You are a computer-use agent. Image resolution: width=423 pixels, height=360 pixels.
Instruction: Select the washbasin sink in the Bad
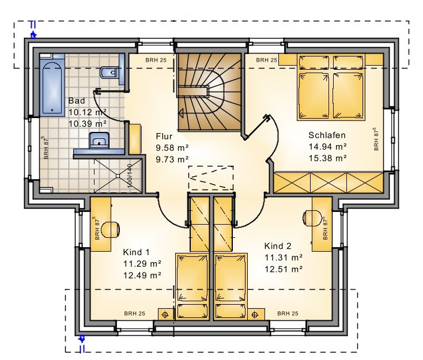coord(99,140)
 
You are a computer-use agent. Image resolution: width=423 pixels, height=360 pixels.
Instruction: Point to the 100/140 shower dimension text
coord(130,176)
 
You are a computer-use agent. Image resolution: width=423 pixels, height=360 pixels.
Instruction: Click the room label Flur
coord(164,136)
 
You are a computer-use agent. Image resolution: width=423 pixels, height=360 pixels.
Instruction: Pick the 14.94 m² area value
coord(327,146)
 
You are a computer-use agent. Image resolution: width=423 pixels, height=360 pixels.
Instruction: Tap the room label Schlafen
coord(327,135)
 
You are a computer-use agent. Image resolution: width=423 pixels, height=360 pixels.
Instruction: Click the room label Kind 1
coord(136,252)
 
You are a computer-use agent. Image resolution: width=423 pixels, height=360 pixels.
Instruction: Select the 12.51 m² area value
coord(284,269)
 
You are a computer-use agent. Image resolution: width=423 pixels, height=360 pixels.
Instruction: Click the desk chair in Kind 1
coord(111,230)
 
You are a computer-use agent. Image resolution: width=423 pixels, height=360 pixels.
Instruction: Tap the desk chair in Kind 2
coord(312,217)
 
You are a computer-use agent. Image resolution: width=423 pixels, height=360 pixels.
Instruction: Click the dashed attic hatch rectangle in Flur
coord(211,178)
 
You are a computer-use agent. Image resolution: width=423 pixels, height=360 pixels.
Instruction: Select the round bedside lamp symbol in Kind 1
coord(165,314)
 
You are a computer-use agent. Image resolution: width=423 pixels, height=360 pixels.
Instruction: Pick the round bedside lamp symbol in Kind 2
coord(255,314)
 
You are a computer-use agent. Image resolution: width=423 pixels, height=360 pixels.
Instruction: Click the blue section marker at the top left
coord(33,30)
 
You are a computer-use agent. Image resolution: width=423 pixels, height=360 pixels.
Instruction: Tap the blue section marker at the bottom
coord(82,343)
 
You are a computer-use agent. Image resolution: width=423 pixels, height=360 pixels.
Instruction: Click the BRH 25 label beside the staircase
coord(156,60)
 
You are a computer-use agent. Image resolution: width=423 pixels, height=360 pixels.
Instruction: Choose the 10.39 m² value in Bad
coord(88,124)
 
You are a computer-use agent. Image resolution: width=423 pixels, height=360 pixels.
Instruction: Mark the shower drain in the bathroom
coord(118,176)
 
